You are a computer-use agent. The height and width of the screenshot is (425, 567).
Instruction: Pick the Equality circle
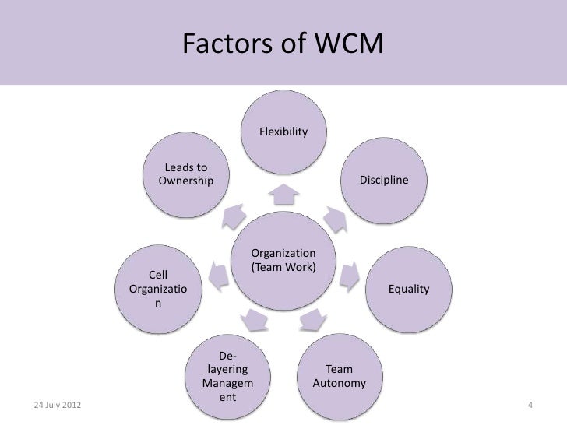(408, 289)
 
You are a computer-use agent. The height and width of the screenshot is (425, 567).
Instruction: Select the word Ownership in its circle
(185, 181)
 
